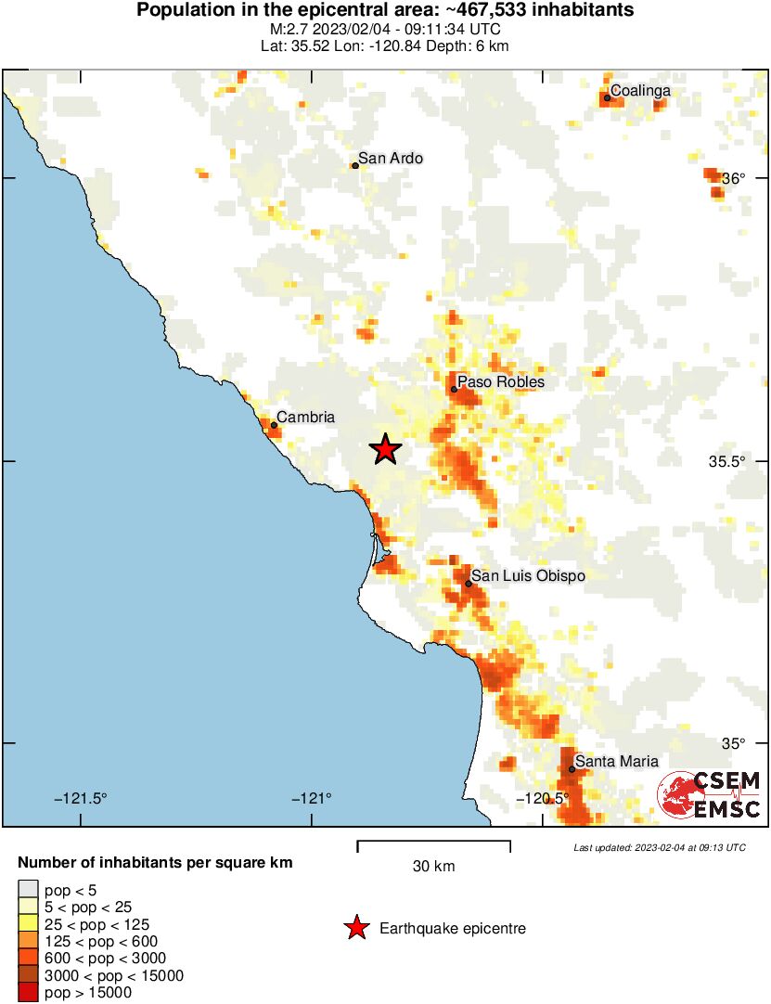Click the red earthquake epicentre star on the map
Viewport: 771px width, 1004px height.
[x=386, y=449]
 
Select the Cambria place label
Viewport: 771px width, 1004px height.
[x=306, y=418]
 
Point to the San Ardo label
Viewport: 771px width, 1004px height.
[x=391, y=159]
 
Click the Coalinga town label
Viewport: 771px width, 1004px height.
[x=640, y=91]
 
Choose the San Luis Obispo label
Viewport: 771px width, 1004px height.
[x=529, y=576]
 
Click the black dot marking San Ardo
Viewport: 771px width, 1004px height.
[x=355, y=166]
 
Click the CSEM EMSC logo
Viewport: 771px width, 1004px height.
[x=710, y=796]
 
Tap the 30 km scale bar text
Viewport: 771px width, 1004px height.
[x=433, y=867]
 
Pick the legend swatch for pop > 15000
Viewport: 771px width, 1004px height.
[x=29, y=993]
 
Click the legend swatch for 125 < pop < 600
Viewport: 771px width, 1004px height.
[x=29, y=941]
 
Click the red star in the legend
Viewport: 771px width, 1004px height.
[x=354, y=928]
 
